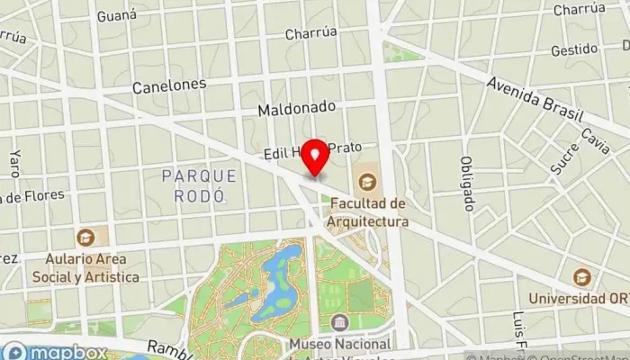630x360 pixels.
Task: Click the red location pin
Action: (315, 158)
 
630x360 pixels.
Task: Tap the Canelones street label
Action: (169, 85)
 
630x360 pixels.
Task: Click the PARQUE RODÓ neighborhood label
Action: (200, 184)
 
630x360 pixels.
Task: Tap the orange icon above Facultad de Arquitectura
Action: (367, 184)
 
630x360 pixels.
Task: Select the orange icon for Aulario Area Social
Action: (85, 238)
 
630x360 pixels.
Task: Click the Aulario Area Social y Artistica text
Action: (85, 268)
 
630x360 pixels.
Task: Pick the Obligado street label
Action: (466, 183)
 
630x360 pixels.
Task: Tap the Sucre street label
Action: (564, 157)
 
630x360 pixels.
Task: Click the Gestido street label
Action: (574, 50)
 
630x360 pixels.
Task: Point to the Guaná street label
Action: (117, 15)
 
